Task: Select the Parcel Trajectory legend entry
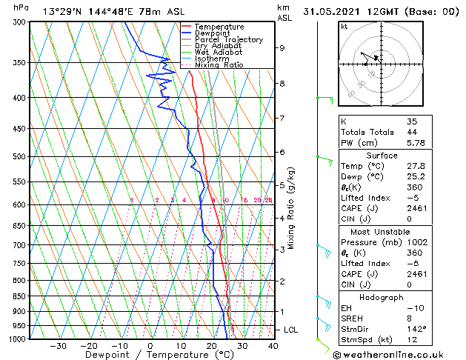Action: [x=228, y=40]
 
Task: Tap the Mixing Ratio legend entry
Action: [x=219, y=65]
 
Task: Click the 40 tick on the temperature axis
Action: [x=273, y=346]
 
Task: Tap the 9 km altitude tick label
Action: [x=282, y=48]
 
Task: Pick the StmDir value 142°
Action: [x=416, y=329]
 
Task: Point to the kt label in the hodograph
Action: [x=344, y=27]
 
